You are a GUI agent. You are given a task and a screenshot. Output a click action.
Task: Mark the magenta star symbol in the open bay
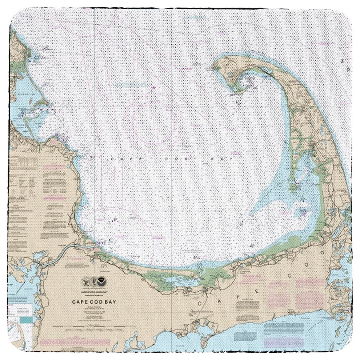[153, 87]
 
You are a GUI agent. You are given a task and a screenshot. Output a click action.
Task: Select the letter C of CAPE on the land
[200, 302]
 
